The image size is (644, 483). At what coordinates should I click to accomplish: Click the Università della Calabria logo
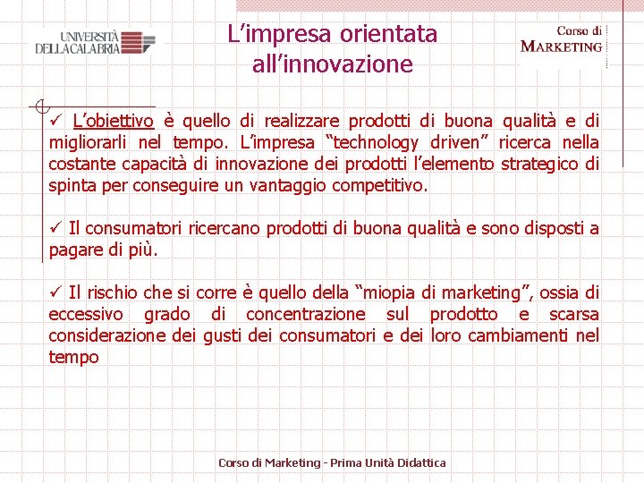point(95,43)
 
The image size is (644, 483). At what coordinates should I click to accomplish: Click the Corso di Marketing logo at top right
point(562,39)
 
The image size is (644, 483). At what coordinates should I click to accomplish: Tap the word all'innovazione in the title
point(332,64)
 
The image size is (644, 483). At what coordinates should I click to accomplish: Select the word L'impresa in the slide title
point(280,34)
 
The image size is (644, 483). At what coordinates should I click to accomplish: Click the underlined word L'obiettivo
point(113,121)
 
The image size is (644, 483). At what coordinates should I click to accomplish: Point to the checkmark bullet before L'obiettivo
point(56,121)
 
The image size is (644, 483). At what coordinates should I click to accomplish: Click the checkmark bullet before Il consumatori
point(56,228)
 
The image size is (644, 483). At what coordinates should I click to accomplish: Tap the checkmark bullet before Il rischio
point(56,292)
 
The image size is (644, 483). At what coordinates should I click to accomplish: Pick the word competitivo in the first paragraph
point(379,185)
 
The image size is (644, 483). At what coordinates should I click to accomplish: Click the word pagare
point(76,250)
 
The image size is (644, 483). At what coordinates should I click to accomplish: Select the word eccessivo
point(86,314)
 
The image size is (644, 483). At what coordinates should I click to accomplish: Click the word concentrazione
point(305,314)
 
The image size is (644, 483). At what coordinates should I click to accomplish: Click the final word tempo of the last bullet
point(73,357)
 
